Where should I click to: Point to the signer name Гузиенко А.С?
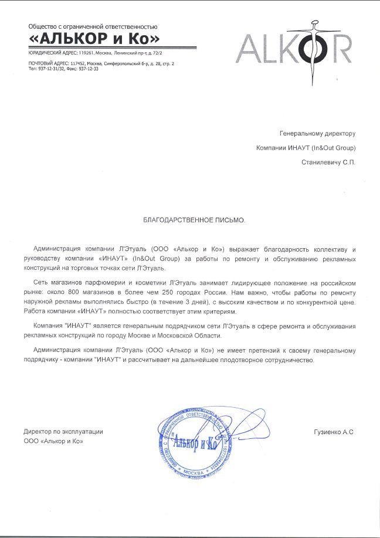(x=335, y=432)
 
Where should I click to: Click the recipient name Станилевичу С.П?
(x=328, y=161)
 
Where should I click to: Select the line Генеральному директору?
(x=317, y=133)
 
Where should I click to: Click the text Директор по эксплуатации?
(x=63, y=431)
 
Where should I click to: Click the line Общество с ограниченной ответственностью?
(x=93, y=27)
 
